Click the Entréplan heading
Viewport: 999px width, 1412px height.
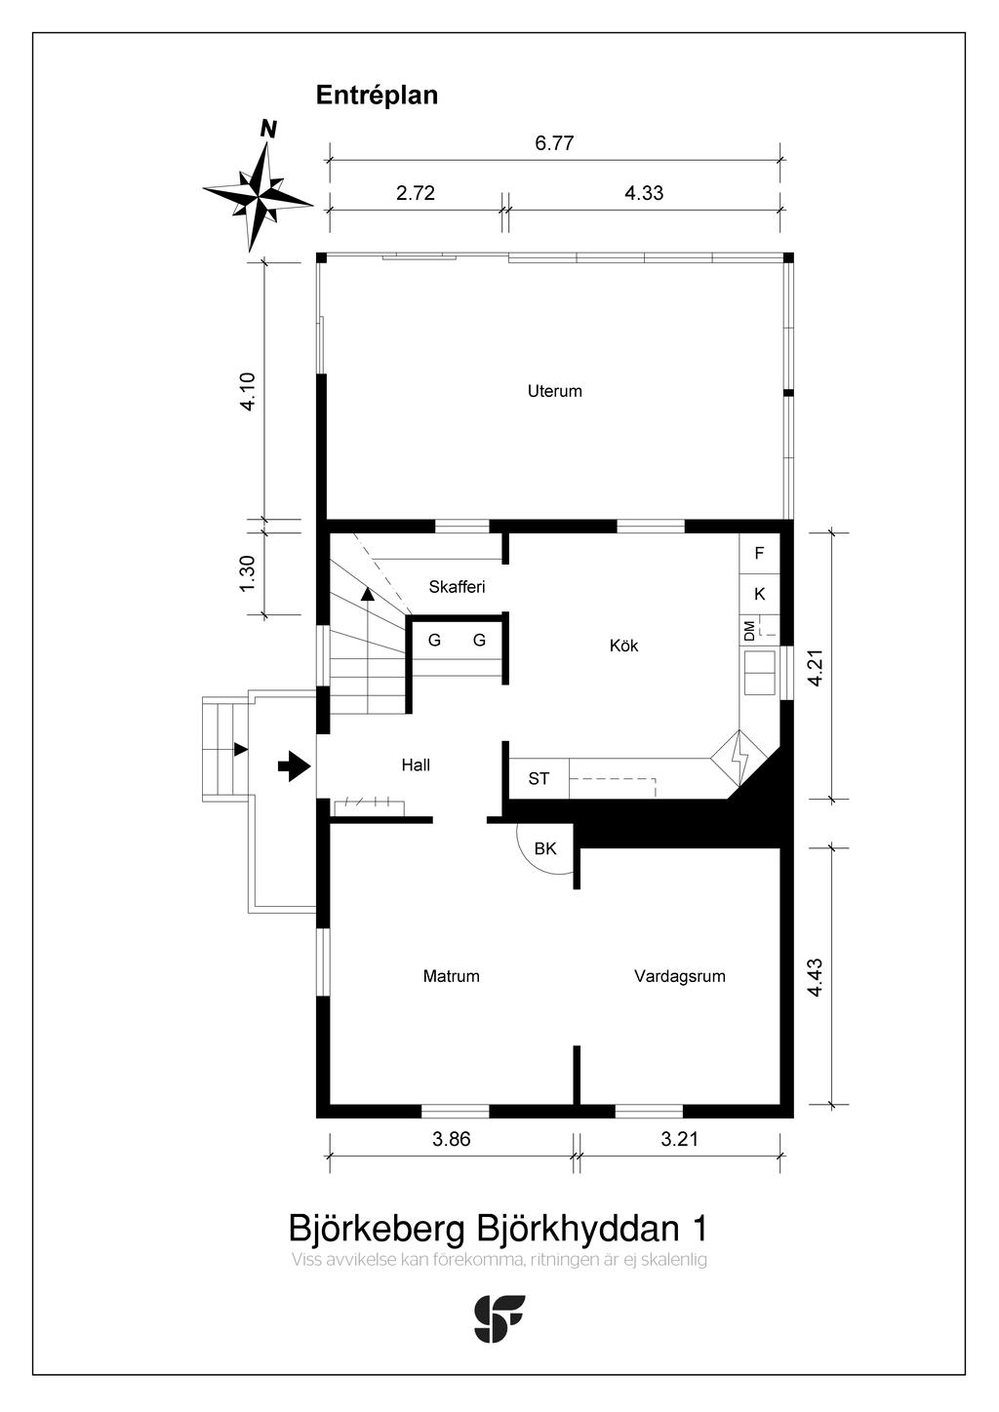[x=377, y=96]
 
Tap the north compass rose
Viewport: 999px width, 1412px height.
[x=258, y=193]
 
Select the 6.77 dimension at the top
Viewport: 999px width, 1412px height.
[x=554, y=143]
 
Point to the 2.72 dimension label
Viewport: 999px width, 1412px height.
[x=416, y=193]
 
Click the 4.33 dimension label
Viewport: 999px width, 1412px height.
[x=644, y=193]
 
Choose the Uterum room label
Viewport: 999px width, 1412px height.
[x=554, y=391]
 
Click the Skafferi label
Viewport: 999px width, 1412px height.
[x=457, y=587]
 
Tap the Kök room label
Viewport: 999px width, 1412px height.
[x=623, y=646]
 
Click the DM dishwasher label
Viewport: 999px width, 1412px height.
[x=749, y=631]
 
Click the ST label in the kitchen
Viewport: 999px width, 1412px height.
[x=539, y=779]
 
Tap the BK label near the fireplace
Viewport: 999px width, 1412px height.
[x=545, y=849]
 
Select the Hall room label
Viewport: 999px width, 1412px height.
[x=416, y=765]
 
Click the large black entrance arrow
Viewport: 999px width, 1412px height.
[x=294, y=766]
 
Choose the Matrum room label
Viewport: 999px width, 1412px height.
[x=451, y=976]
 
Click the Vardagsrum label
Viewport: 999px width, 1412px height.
[x=679, y=976]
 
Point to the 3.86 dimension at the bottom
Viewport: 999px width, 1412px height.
[x=451, y=1139]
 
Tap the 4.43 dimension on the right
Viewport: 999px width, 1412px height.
[x=816, y=977]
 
